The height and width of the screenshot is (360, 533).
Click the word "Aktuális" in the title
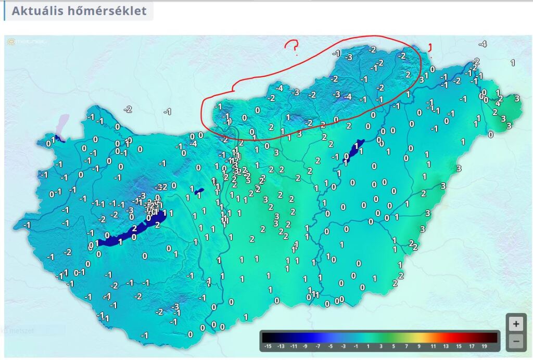point(37,11)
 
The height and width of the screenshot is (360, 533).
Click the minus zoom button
point(515,342)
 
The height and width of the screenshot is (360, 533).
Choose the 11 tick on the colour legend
point(433,346)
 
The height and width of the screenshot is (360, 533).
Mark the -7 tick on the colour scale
point(318,346)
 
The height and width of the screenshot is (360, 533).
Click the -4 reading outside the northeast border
point(483,44)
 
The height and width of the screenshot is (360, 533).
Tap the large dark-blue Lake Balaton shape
point(128,233)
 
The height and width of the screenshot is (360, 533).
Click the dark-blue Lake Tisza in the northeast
point(354,151)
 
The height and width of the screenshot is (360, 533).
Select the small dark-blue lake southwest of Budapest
point(199,192)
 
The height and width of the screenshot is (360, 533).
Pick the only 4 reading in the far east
point(498,103)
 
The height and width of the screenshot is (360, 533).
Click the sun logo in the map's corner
point(11,41)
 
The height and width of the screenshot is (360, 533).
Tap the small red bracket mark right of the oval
point(430,47)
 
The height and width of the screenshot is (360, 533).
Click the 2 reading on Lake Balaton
point(134,228)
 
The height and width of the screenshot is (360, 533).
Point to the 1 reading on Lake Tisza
point(356,147)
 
